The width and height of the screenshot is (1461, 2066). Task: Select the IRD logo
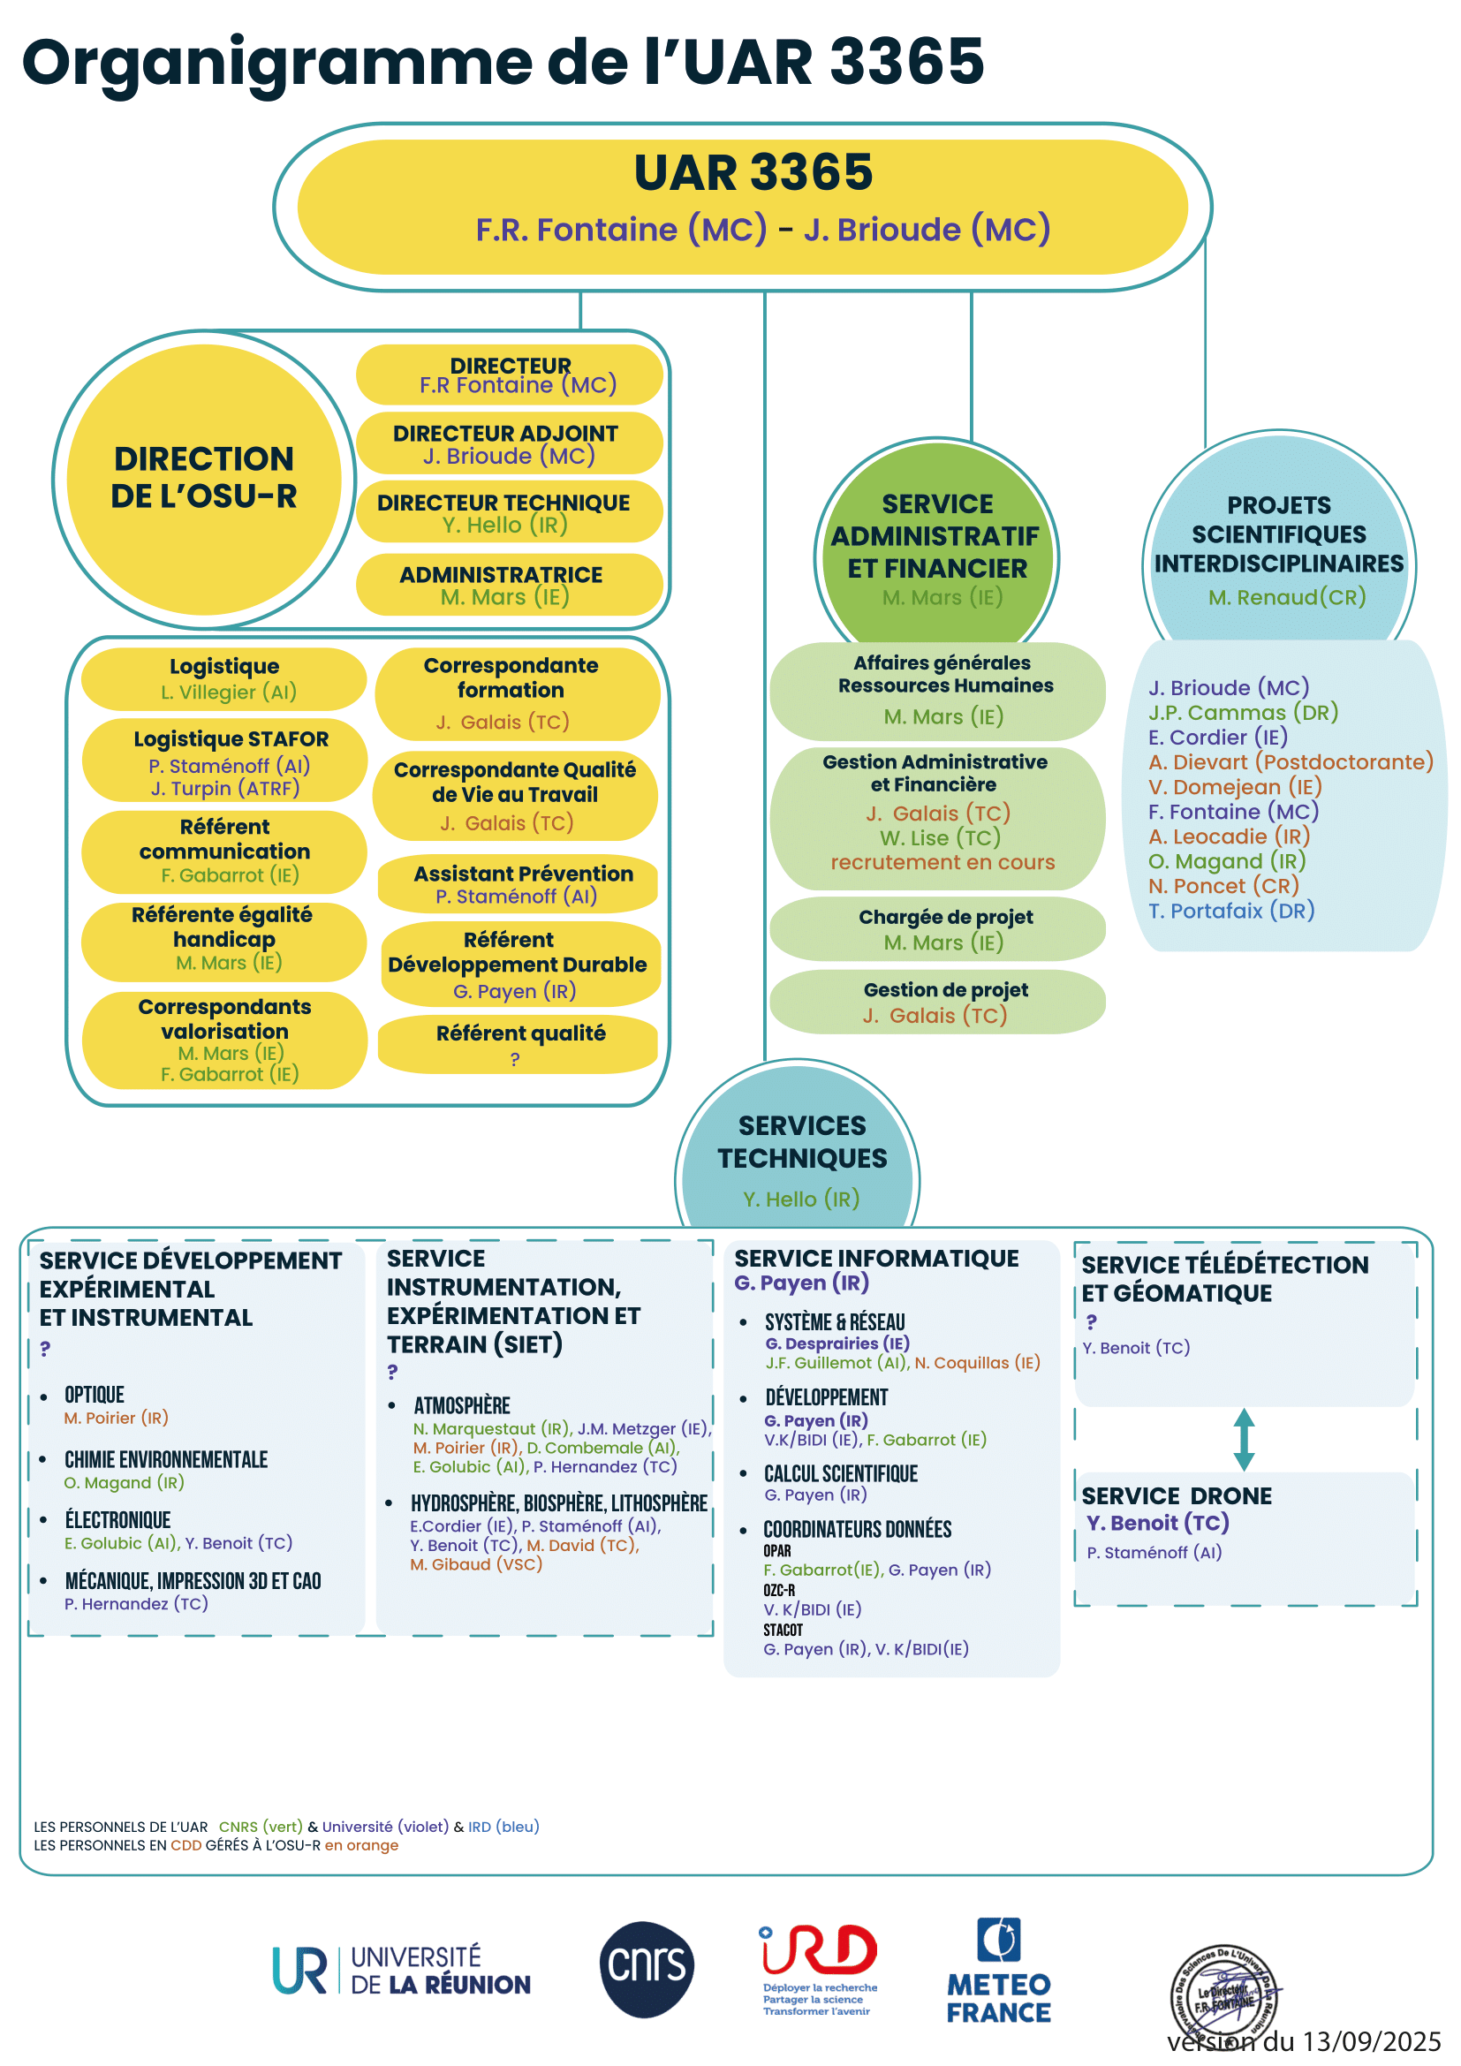click(819, 1968)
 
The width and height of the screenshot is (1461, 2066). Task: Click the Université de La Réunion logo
click(401, 1971)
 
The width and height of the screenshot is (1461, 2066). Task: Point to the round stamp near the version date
click(1224, 1998)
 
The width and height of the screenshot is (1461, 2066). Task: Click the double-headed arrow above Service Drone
click(1245, 1439)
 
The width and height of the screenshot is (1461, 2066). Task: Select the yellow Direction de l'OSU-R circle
click(204, 479)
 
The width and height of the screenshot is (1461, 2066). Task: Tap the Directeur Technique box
click(509, 513)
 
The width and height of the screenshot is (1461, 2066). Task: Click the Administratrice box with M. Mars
click(509, 585)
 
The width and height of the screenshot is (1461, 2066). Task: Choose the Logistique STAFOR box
click(225, 762)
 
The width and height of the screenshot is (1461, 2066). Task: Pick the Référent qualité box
click(519, 1044)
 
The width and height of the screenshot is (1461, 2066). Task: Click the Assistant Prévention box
click(519, 883)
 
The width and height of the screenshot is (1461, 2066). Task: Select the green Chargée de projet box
click(938, 928)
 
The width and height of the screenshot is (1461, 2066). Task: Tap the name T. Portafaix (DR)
click(1230, 911)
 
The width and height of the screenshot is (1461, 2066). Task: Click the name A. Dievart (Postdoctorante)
click(1290, 762)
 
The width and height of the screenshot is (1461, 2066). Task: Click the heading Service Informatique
click(876, 1258)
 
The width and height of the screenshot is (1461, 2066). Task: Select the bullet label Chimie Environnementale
click(165, 1459)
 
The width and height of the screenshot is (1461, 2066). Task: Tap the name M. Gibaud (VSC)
click(476, 1564)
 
